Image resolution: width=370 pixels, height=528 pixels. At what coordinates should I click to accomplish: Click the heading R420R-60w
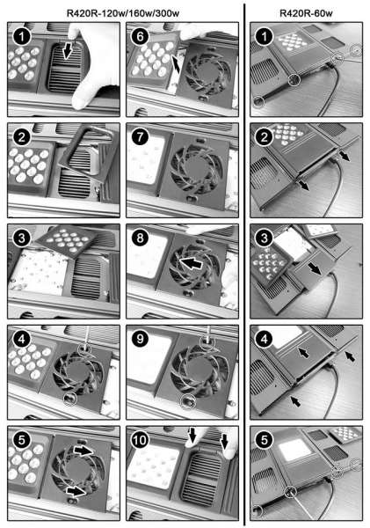[306, 13]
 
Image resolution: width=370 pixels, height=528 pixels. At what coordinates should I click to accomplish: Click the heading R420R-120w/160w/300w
[123, 13]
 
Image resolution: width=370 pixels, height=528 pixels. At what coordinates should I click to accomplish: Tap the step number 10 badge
[141, 440]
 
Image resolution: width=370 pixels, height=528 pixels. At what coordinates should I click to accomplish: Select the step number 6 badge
[141, 36]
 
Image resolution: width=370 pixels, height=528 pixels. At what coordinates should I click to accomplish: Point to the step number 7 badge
[141, 137]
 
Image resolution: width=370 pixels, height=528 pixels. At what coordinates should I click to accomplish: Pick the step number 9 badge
[141, 339]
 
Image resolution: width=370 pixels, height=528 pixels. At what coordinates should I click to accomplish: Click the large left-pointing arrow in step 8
[191, 262]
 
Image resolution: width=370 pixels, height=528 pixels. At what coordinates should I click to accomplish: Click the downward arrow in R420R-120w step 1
[68, 51]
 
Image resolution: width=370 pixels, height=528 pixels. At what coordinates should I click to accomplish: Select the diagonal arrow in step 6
[176, 64]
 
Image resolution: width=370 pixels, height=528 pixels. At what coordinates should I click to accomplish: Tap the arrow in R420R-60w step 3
[314, 268]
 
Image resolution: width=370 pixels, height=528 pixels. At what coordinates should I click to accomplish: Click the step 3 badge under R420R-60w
[265, 238]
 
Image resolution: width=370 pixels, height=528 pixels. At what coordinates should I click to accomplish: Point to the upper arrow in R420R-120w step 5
[83, 451]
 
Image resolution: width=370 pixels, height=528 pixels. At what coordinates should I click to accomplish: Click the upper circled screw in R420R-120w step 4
[84, 350]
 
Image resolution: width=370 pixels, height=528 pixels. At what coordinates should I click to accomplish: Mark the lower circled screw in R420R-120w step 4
[70, 399]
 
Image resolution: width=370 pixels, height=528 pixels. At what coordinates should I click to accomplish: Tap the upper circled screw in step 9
[206, 343]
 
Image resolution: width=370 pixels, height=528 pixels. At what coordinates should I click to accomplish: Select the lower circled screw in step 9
[187, 402]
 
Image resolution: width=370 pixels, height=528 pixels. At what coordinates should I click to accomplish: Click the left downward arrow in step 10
[192, 435]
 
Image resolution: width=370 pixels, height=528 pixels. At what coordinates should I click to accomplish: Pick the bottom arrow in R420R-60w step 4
[295, 400]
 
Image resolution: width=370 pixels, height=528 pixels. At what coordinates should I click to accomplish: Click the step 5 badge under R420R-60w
[265, 440]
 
